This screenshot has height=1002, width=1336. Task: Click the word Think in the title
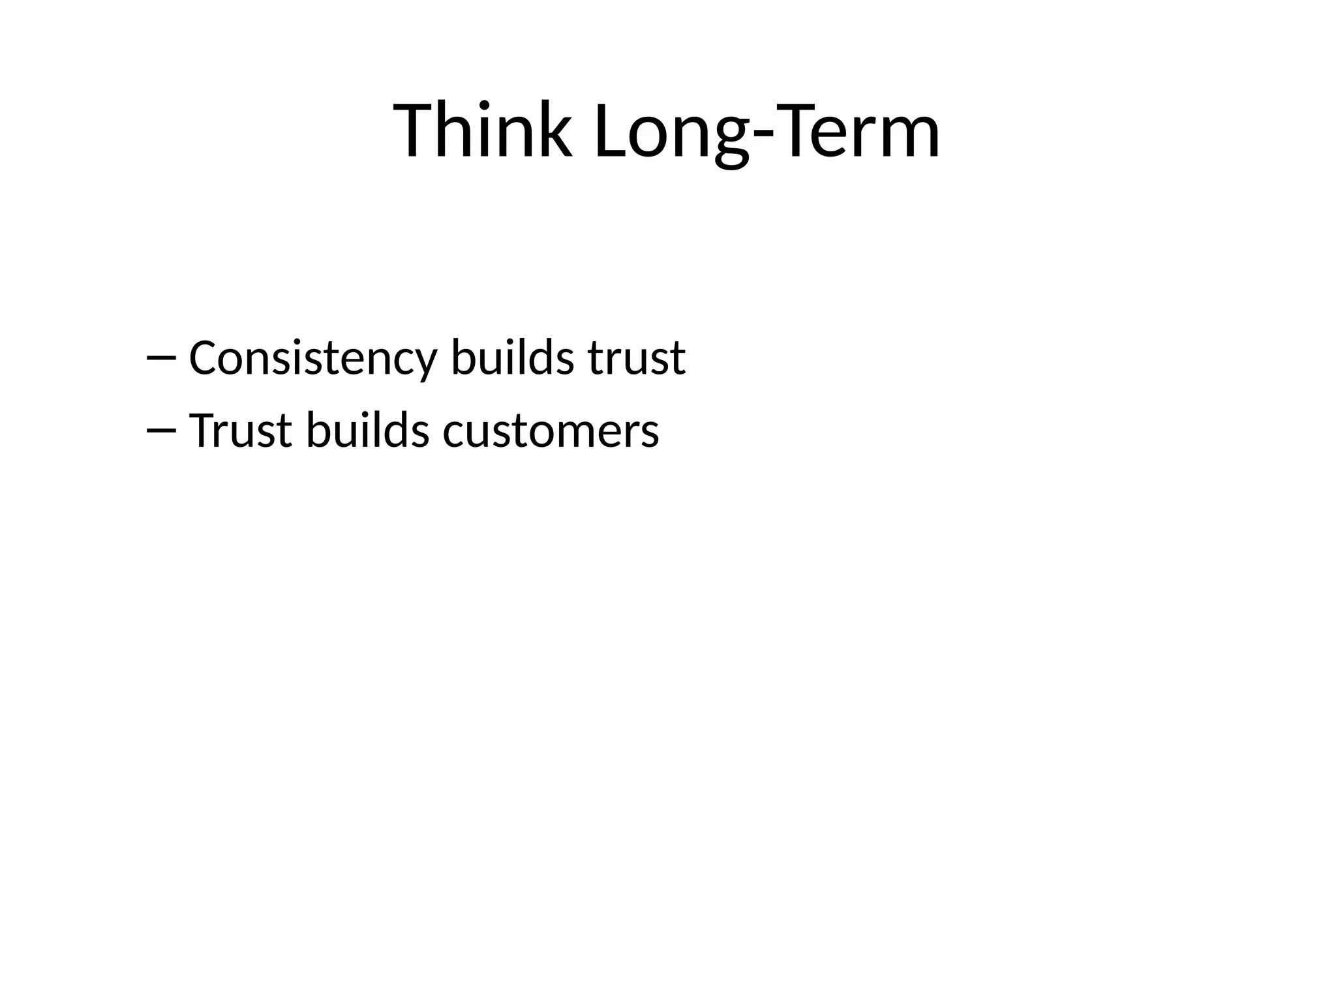coord(483,130)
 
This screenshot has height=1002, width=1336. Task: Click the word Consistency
coord(312,359)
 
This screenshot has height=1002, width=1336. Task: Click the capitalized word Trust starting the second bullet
coord(240,431)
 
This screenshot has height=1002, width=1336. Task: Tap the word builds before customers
coord(368,431)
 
